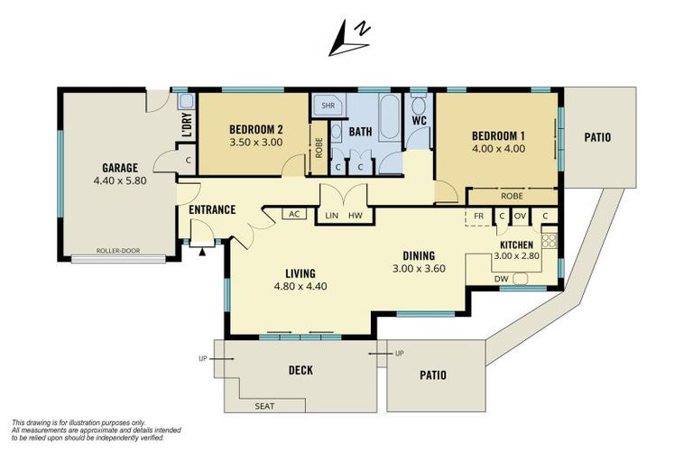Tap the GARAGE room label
pyautogui.click(x=120, y=168)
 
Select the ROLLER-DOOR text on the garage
pyautogui.click(x=118, y=251)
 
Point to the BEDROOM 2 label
pyautogui.click(x=256, y=130)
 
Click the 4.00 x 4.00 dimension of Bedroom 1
pyautogui.click(x=498, y=149)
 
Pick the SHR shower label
pyautogui.click(x=328, y=106)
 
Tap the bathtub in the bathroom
pyautogui.click(x=390, y=117)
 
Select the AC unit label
pyautogui.click(x=294, y=214)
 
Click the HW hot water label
pyautogui.click(x=356, y=216)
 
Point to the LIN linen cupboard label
pyautogui.click(x=331, y=216)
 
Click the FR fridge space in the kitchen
pyautogui.click(x=478, y=217)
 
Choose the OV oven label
pyautogui.click(x=520, y=216)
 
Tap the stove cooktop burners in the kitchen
pyautogui.click(x=550, y=241)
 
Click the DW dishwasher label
pyautogui.click(x=501, y=279)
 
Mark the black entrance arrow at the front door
pyautogui.click(x=202, y=253)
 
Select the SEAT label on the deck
pyautogui.click(x=264, y=406)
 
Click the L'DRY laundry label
pyautogui.click(x=188, y=125)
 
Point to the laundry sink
pyautogui.click(x=186, y=101)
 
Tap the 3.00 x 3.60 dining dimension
pyautogui.click(x=419, y=268)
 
